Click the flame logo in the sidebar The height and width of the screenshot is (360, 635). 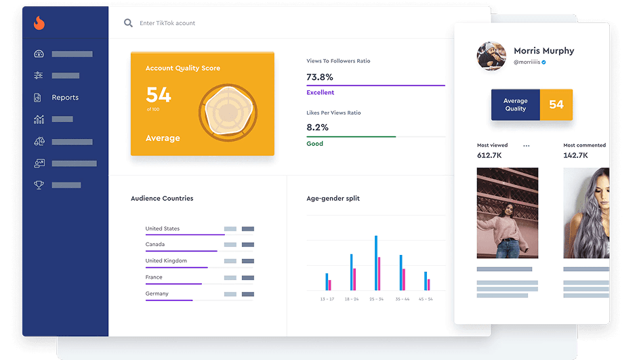pos(39,23)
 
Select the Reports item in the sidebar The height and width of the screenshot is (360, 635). pos(65,98)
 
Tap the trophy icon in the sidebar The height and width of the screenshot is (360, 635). pos(39,185)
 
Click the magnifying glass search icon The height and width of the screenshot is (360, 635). pos(128,23)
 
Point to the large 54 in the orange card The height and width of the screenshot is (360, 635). pos(159,95)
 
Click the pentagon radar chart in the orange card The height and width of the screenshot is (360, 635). pos(227,112)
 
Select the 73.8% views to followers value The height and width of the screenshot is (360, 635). pos(320,77)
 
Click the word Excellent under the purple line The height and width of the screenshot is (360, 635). pos(320,92)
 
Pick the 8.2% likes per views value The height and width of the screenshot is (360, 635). pos(317,127)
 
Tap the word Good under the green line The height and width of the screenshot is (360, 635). pos(314,144)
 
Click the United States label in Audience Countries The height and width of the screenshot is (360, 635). pos(162,228)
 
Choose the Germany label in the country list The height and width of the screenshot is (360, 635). pos(157,294)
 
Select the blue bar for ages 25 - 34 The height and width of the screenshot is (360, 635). pos(376,263)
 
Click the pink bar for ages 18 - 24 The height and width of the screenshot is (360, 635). pos(354,279)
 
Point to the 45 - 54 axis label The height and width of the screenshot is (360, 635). pos(425,299)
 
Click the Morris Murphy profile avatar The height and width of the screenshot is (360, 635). pos(491,56)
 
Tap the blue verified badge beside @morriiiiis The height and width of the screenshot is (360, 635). pos(544,62)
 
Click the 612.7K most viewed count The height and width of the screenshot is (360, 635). pos(489,155)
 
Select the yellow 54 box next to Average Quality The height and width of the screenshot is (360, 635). pos(556,104)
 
